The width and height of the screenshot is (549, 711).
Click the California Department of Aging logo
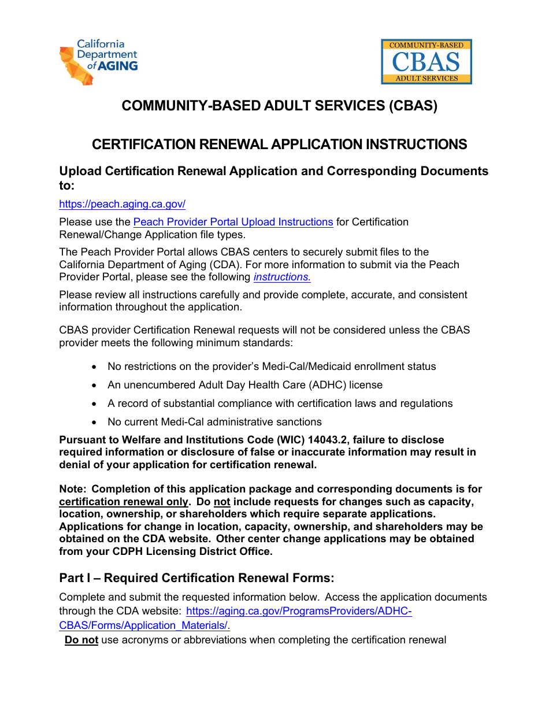coord(99,62)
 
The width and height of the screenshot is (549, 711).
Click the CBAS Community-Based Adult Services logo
coord(426,62)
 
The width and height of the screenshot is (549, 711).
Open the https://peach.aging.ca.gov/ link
coord(122,204)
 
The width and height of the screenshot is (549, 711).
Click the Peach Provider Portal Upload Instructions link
coord(233,222)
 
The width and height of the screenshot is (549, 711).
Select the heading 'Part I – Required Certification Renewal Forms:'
coord(196,578)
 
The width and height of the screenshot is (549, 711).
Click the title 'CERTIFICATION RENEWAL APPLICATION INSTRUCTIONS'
coord(279,145)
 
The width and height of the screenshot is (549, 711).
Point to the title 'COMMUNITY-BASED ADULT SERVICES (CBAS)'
coord(279,106)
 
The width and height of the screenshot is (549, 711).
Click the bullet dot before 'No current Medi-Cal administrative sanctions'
coord(95,423)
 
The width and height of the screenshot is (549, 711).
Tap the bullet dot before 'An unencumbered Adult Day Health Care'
coord(95,386)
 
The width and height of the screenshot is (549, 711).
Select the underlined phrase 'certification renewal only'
coord(124,502)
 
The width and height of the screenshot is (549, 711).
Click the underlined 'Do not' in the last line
coord(81,640)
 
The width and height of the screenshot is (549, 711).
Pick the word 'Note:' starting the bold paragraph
coord(73,489)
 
